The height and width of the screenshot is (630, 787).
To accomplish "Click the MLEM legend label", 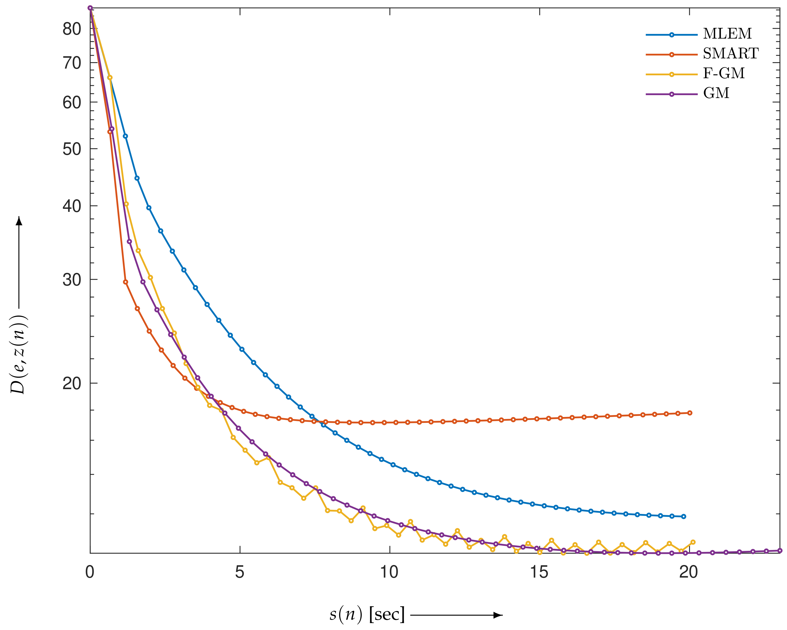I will (x=727, y=34).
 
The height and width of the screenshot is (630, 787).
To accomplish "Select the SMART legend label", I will (x=730, y=54).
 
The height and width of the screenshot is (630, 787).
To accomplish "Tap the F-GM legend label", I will (x=723, y=73).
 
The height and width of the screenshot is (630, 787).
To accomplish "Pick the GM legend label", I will (x=716, y=93).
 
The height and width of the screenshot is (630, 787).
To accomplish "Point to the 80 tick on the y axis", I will (x=72, y=29).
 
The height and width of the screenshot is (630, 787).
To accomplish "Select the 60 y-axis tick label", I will (x=72, y=103).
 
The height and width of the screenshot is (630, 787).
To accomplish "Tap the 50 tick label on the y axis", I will (x=72, y=149).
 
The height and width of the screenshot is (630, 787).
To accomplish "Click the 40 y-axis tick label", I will (x=72, y=206).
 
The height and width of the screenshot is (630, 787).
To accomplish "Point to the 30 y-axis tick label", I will (x=72, y=280).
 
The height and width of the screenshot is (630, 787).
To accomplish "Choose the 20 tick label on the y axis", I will (x=72, y=384).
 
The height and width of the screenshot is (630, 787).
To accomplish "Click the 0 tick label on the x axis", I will (x=90, y=572).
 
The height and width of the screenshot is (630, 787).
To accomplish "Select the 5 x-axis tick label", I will (x=239, y=572).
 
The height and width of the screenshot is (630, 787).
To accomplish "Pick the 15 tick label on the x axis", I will (x=539, y=572).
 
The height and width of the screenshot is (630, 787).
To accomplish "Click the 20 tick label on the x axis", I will (x=689, y=572).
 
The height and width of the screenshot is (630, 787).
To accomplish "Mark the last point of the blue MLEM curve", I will (x=684, y=517).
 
